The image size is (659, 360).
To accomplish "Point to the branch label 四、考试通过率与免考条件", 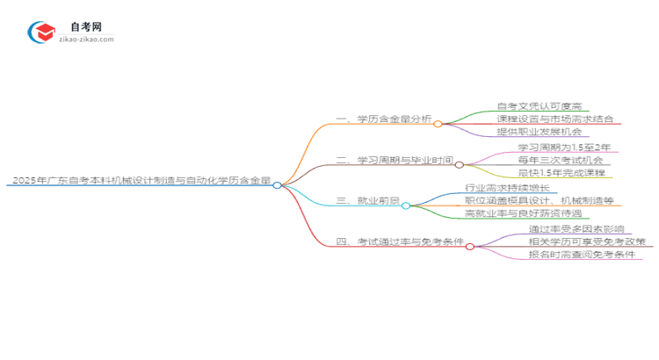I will [400, 242].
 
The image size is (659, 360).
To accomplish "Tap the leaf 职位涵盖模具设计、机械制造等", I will [539, 200].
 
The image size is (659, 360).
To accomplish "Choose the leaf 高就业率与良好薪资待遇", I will [528, 213].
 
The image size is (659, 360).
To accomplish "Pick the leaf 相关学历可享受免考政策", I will [586, 241].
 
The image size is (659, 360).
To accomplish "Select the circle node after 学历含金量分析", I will [438, 124].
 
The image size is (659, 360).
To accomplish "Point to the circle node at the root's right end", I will [277, 185].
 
